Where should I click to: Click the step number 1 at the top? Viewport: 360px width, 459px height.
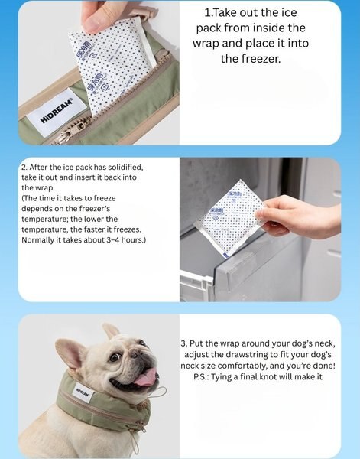point(209,13)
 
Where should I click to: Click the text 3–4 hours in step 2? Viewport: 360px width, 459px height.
point(125,240)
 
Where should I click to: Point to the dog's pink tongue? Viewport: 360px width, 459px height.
point(145,377)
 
